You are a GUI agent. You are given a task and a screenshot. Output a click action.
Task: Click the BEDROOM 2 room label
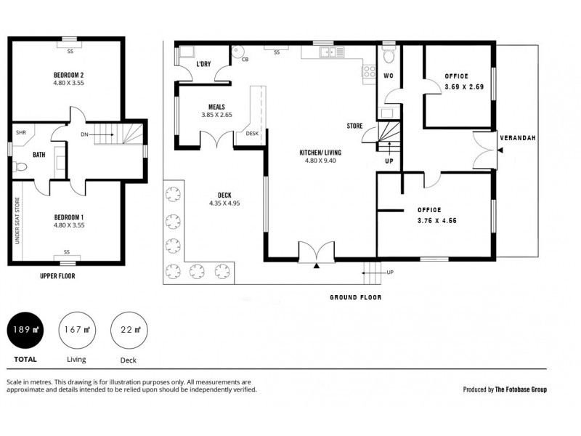pos(69,75)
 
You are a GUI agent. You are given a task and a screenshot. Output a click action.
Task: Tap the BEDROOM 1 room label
pos(69,217)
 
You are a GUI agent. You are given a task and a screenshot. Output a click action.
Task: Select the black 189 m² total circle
pos(24,329)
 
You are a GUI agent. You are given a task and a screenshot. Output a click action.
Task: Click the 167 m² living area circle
pos(76,329)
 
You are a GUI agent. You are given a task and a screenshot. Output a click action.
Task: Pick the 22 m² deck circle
pos(128,329)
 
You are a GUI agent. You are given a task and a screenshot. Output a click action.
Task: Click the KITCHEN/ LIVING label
pos(320,153)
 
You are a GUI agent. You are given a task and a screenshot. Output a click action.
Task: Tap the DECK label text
pos(224,194)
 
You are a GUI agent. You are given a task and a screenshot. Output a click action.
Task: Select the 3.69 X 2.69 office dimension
pos(463,86)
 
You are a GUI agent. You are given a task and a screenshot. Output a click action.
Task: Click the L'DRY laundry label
pos(203,64)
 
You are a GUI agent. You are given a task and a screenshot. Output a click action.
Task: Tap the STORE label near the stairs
pos(354,126)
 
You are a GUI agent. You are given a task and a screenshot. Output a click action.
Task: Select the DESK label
pos(252,133)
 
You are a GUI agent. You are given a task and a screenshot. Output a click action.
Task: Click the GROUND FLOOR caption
pos(356,297)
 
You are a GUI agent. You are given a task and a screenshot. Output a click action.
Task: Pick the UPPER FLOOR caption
pos(57,276)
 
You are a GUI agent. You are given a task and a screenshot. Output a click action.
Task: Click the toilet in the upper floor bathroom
pos(21,166)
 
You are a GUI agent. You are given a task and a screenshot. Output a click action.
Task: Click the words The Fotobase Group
pos(521,389)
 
